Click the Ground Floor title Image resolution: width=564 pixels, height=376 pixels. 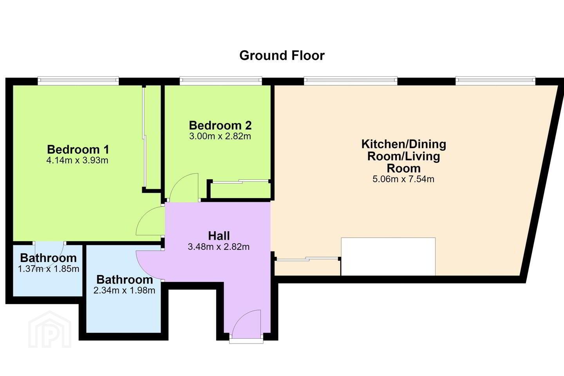[x=282, y=56]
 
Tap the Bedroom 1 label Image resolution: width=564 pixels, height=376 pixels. [x=78, y=149]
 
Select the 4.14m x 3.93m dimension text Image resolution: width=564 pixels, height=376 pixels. [x=77, y=160]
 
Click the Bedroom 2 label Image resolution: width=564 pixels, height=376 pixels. [x=220, y=125]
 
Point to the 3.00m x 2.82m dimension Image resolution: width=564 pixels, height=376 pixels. [x=220, y=136]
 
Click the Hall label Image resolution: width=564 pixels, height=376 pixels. [x=219, y=236]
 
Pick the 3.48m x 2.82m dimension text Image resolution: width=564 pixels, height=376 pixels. [x=219, y=247]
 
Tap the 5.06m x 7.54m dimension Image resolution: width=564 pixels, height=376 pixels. [x=403, y=179]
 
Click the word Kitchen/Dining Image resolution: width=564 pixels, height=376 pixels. [x=403, y=144]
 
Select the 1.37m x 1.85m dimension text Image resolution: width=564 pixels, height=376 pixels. [x=49, y=269]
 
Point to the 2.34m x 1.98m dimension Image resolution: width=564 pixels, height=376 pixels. [x=124, y=290]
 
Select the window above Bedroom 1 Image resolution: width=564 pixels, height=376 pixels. [x=78, y=81]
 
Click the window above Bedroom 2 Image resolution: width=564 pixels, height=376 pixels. [x=221, y=81]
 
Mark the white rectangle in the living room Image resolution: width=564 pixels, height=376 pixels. [x=388, y=257]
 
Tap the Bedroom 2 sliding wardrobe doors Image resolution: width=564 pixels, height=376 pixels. [x=240, y=181]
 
